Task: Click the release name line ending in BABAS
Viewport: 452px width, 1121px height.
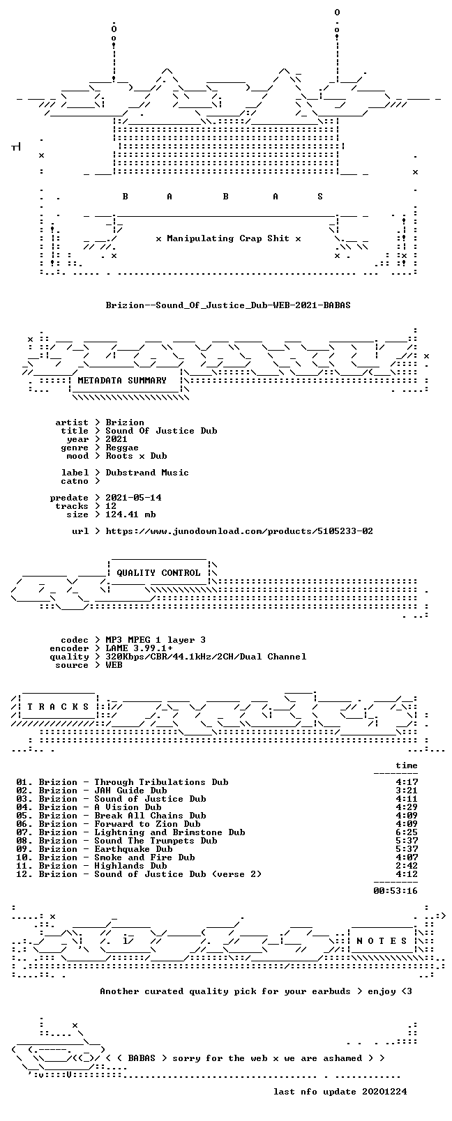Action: pyautogui.click(x=228, y=305)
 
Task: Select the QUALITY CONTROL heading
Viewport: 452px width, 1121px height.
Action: pyautogui.click(x=158, y=573)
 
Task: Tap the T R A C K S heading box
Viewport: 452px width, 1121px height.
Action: pyautogui.click(x=58, y=707)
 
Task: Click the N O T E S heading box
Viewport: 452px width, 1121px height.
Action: pyautogui.click(x=382, y=941)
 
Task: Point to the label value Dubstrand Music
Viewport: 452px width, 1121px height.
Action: pyautogui.click(x=147, y=473)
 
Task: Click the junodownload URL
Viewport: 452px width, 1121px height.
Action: pyautogui.click(x=239, y=531)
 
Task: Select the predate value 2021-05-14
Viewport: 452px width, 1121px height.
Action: pyautogui.click(x=133, y=498)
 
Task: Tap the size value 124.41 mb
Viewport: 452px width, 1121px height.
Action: pyautogui.click(x=130, y=514)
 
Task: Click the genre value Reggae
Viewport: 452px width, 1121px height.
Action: pyautogui.click(x=122, y=448)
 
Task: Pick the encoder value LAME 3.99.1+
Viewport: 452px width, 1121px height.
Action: pyautogui.click(x=139, y=648)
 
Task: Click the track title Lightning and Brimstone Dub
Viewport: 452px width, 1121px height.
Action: pyautogui.click(x=169, y=833)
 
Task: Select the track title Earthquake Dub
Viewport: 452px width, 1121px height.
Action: pyautogui.click(x=133, y=849)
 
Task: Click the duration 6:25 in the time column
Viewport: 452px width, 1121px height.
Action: pyautogui.click(x=407, y=833)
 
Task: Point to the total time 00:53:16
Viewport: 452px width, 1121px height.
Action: pyautogui.click(x=395, y=891)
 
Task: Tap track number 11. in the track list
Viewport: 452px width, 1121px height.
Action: pyautogui.click(x=24, y=866)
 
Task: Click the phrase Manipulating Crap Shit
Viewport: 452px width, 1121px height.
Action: pyautogui.click(x=228, y=238)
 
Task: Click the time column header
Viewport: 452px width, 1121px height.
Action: pyautogui.click(x=407, y=765)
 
